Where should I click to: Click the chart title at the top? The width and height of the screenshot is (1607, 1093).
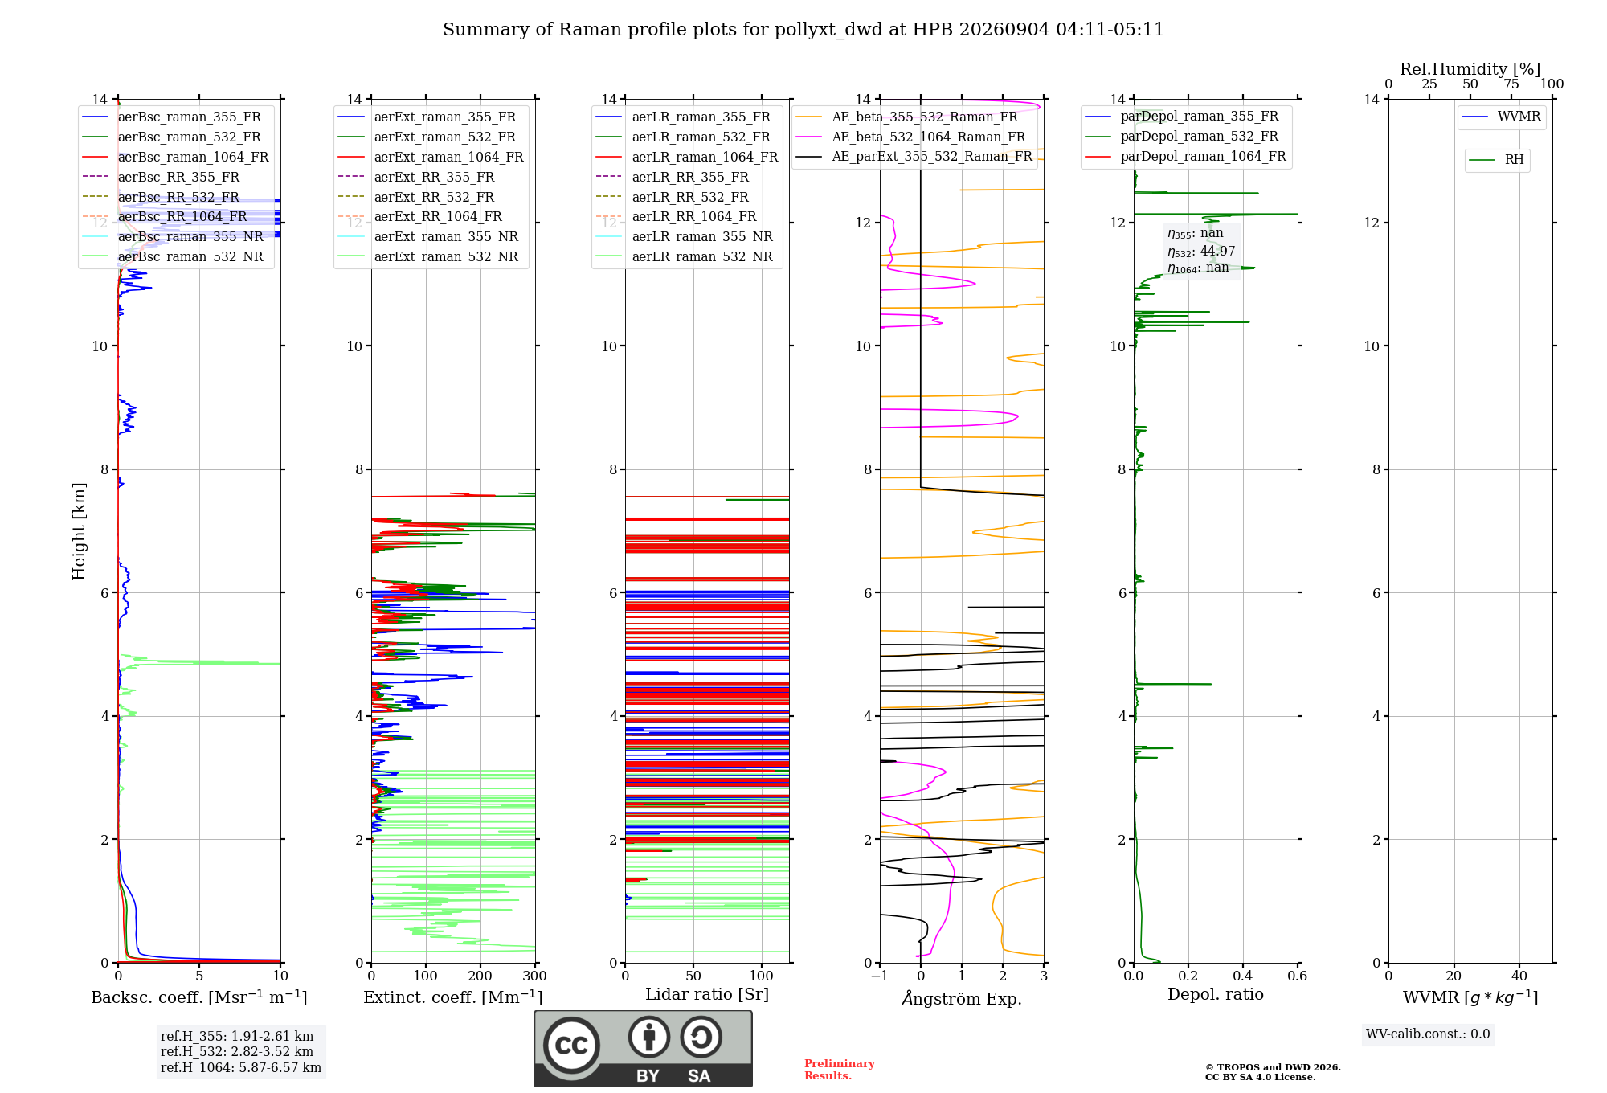(x=803, y=30)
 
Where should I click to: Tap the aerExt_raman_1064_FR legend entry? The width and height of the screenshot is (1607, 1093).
(x=431, y=158)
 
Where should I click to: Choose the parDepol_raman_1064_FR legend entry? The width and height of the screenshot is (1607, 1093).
(x=1185, y=157)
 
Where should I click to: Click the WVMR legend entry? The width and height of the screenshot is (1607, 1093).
(x=1501, y=117)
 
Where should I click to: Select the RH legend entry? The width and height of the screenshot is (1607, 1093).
(x=1496, y=160)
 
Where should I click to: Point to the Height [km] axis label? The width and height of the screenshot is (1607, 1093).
(x=79, y=531)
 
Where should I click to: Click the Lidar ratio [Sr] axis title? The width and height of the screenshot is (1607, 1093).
(x=707, y=994)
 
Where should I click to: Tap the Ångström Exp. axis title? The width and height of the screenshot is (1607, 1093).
(x=962, y=998)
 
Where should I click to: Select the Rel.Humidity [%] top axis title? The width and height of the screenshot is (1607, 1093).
(x=1470, y=69)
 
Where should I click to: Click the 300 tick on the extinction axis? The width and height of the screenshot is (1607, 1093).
(x=534, y=976)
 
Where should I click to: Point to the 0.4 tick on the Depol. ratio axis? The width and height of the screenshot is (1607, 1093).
(x=1243, y=976)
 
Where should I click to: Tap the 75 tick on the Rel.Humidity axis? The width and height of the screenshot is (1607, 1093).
(x=1511, y=84)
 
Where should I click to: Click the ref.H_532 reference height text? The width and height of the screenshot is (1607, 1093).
(x=237, y=1052)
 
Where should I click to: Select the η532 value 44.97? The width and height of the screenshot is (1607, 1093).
(x=1217, y=251)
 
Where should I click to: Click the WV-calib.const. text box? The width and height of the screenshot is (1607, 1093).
(x=1428, y=1034)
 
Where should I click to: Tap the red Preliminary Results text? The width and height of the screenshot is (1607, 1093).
(x=840, y=1070)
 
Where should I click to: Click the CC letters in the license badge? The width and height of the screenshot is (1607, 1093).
(x=571, y=1046)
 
